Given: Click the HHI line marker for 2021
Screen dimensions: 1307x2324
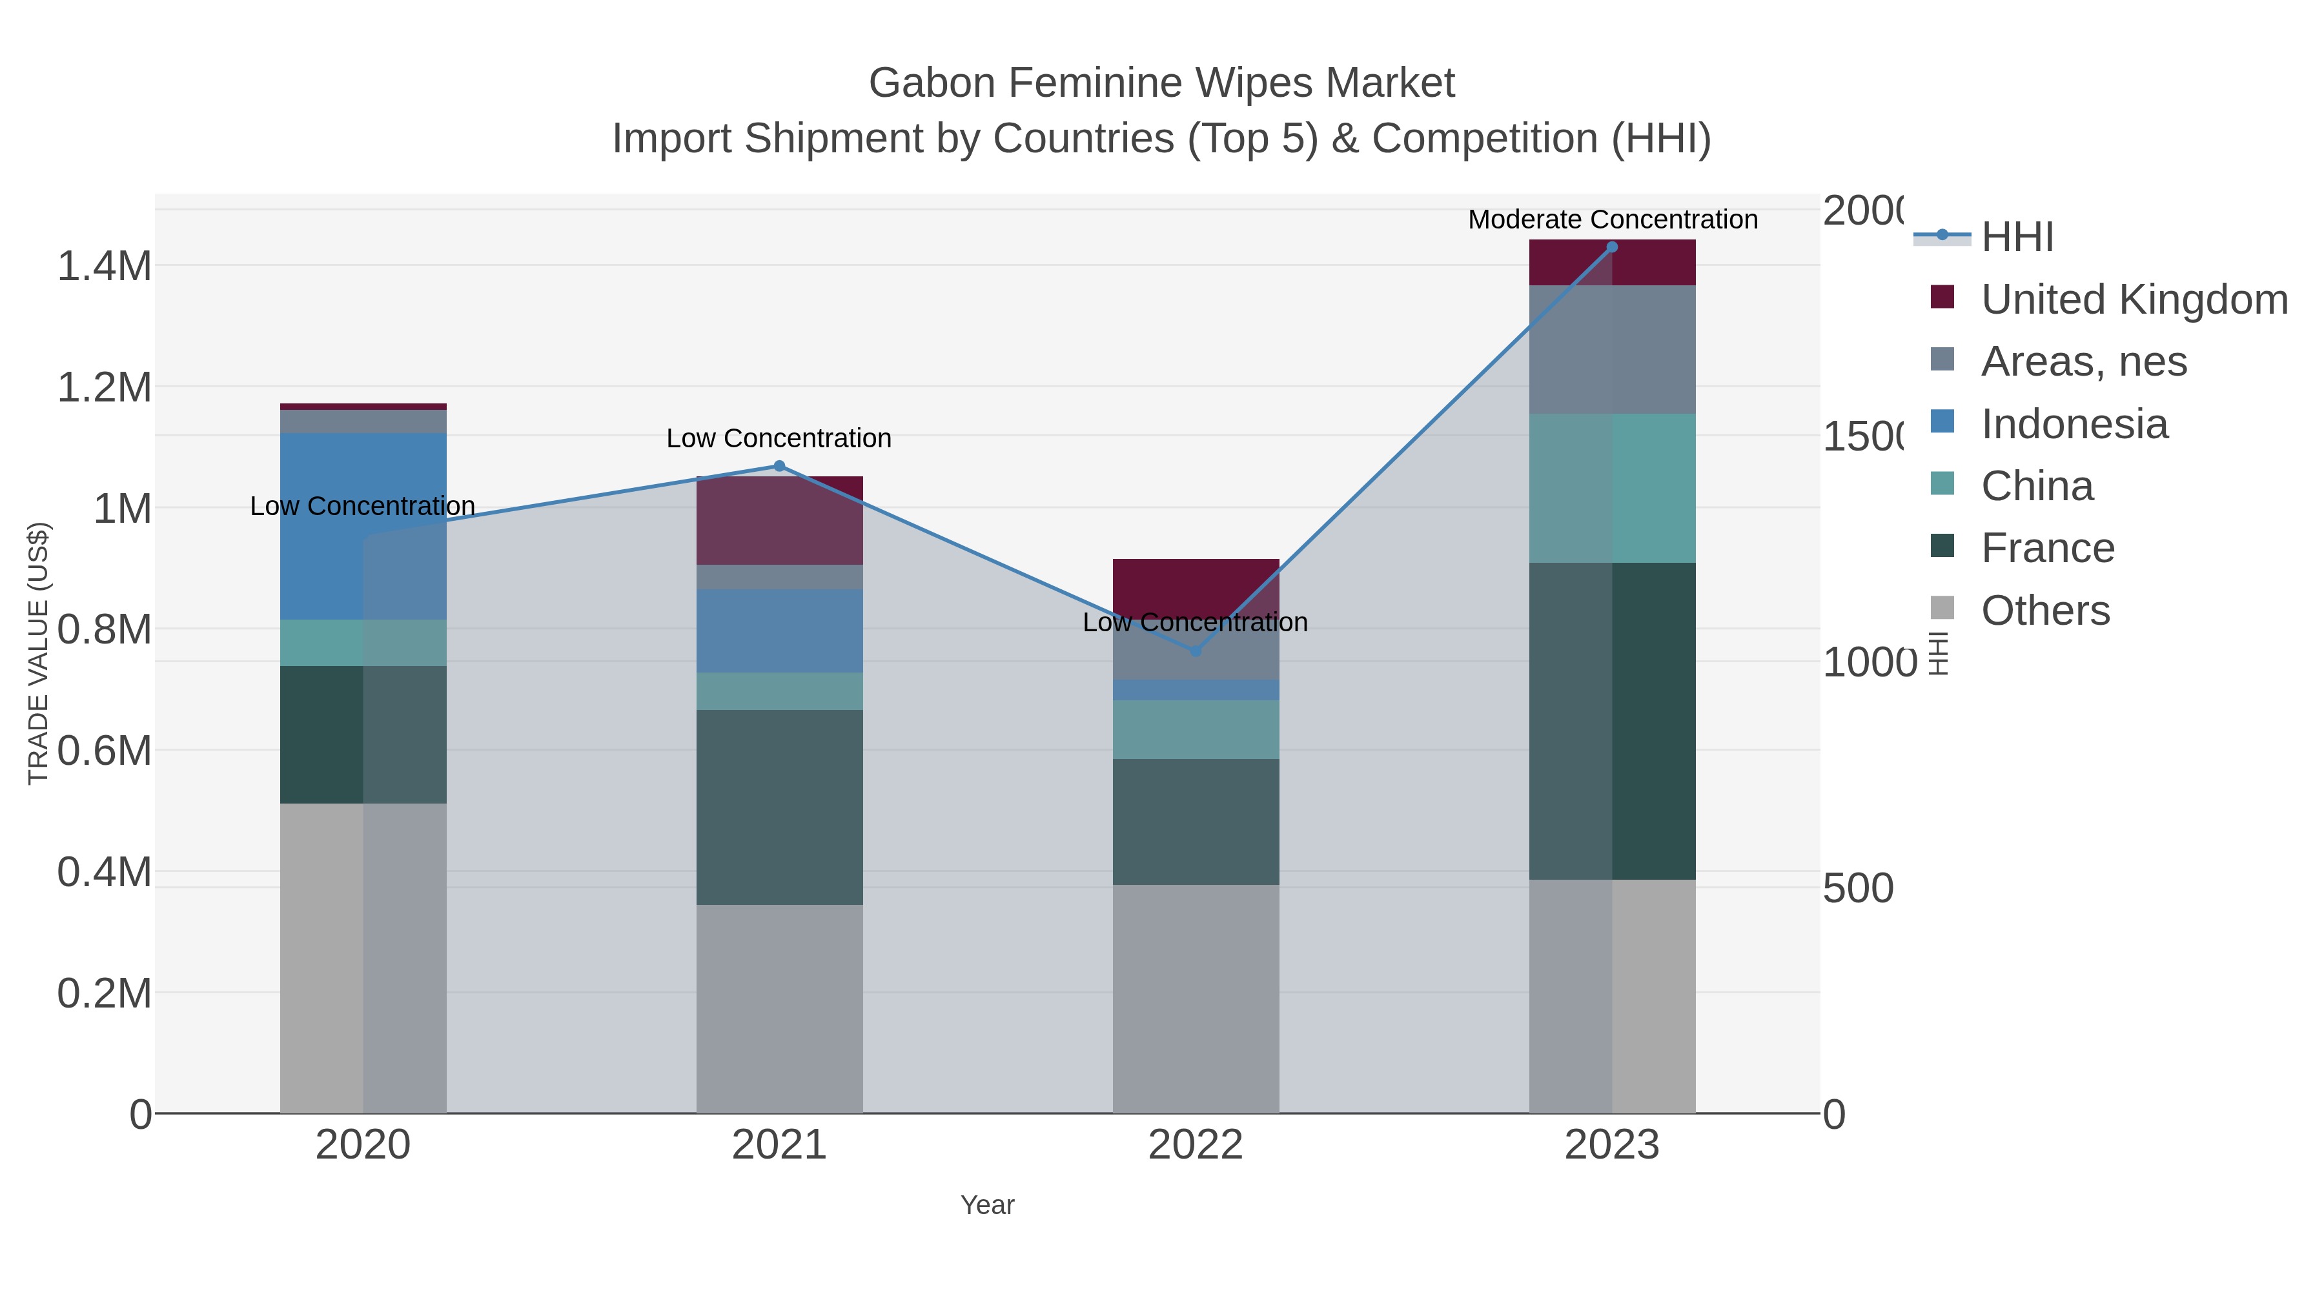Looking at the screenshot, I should pyautogui.click(x=779, y=467).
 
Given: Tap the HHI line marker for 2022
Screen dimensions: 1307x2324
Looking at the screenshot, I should pyautogui.click(x=1196, y=651).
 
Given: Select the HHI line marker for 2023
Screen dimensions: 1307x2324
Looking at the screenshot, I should pyautogui.click(x=1612, y=247).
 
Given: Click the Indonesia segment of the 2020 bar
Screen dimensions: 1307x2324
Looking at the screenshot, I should pyautogui.click(x=363, y=526).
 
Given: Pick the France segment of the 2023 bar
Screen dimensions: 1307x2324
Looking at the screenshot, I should pyautogui.click(x=1612, y=721).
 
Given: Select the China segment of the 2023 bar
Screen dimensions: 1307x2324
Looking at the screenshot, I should pyautogui.click(x=1612, y=488).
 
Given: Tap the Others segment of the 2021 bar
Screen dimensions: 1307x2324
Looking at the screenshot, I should pyautogui.click(x=779, y=1008).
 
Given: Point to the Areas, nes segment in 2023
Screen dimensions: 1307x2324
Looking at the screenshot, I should pyautogui.click(x=1612, y=349).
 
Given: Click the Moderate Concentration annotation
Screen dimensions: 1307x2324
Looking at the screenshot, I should pyautogui.click(x=1612, y=219).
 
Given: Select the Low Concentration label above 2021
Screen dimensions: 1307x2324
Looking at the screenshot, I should pyautogui.click(x=779, y=438).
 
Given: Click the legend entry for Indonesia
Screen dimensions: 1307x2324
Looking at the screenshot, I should pyautogui.click(x=2073, y=424).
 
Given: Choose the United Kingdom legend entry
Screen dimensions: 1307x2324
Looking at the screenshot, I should pyautogui.click(x=2134, y=299).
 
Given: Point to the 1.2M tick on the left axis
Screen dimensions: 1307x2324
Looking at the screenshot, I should pyautogui.click(x=104, y=388).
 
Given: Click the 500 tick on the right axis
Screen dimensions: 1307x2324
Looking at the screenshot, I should pyautogui.click(x=1857, y=889).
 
